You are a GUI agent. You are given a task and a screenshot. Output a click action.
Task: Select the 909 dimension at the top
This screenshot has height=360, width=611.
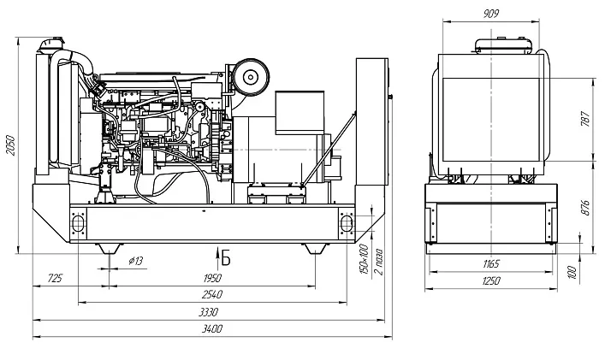(490, 13)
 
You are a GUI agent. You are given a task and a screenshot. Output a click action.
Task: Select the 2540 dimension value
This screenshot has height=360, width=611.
(211, 296)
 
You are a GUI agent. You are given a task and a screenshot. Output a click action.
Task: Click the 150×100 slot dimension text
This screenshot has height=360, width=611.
(364, 259)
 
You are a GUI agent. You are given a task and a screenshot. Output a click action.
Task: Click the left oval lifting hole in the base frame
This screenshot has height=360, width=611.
(80, 221)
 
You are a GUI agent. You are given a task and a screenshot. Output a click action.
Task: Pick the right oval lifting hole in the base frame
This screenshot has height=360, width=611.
(347, 221)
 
